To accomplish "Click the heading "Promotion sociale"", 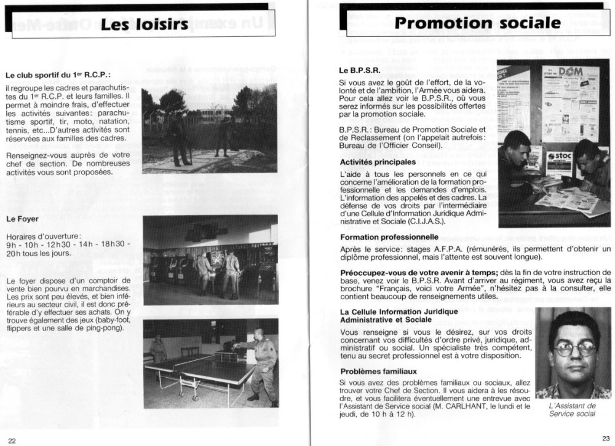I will [477, 23].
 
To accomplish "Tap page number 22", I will [12, 439].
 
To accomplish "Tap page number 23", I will [606, 438].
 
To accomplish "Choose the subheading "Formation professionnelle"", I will [389, 237].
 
